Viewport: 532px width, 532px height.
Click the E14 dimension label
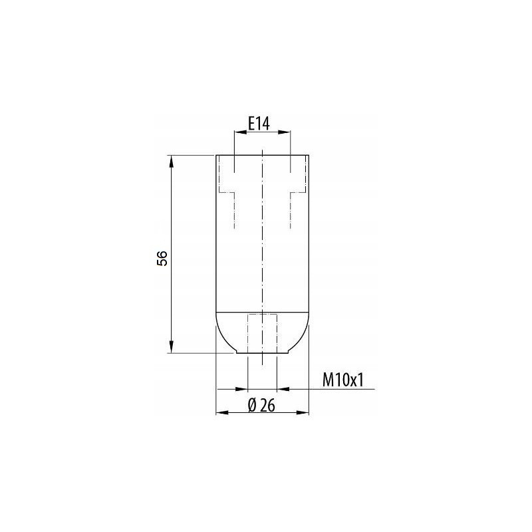[259, 123]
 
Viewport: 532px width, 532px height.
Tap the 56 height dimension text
[162, 258]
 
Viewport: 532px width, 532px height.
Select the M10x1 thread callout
[342, 380]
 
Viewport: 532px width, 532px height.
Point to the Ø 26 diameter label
[261, 405]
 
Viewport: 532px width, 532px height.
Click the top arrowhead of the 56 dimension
[172, 161]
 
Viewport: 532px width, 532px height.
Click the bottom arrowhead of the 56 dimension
[172, 347]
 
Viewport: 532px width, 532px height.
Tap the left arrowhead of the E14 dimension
[240, 132]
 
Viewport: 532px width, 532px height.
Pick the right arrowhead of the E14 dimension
[285, 132]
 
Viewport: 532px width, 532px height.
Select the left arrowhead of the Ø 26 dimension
[222, 412]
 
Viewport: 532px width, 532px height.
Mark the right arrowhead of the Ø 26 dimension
[303, 412]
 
